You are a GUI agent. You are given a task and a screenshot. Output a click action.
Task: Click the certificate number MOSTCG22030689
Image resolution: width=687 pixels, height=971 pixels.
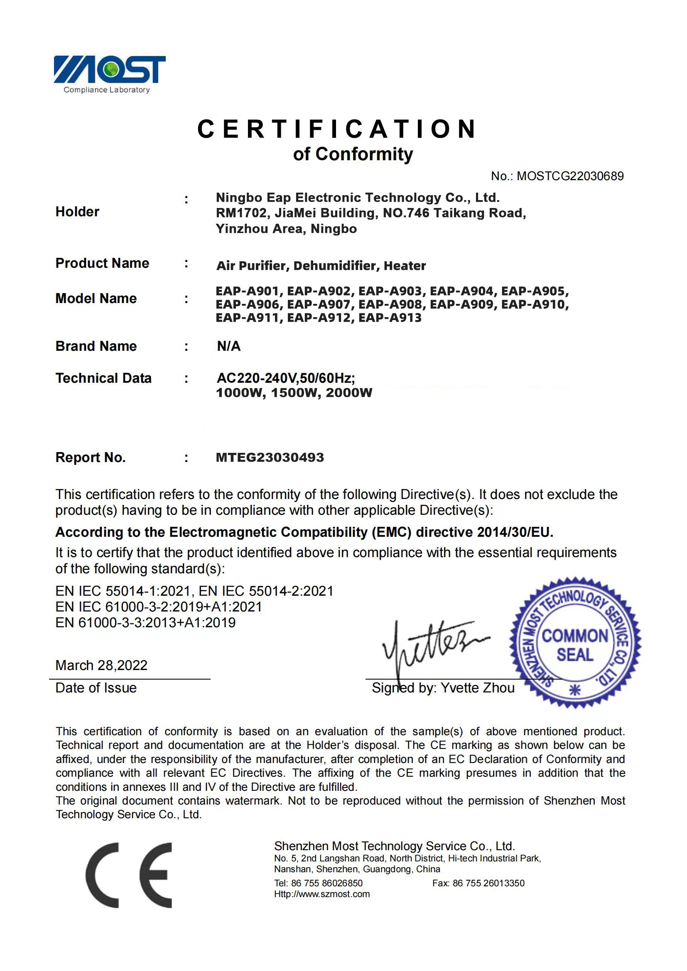[570, 176]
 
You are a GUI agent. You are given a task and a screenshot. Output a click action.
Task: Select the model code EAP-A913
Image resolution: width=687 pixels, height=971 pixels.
[390, 318]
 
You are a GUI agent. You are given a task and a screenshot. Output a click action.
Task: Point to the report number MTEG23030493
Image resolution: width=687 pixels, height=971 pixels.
[270, 457]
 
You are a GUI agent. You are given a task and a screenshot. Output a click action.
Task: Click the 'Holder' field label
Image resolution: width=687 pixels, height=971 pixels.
[77, 211]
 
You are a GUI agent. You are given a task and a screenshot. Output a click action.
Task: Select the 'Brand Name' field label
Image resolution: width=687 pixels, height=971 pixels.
[96, 346]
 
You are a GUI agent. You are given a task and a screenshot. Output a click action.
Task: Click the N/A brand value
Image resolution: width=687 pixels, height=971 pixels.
[228, 346]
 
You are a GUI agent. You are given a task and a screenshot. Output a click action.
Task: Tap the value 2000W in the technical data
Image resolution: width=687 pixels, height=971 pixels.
[348, 392]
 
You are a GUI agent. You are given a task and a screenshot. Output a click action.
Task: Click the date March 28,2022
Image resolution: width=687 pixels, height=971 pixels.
[101, 665]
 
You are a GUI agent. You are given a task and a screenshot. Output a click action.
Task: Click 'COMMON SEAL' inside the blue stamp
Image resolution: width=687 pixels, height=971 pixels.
[574, 646]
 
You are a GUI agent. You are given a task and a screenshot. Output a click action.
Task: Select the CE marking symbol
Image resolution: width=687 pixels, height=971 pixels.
[129, 875]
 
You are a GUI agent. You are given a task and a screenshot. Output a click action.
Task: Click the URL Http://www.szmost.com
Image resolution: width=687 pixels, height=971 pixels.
[321, 894]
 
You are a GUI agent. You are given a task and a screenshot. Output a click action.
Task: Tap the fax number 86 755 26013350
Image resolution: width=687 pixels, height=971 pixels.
[488, 883]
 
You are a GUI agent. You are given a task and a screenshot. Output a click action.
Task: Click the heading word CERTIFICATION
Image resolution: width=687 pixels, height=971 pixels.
[338, 129]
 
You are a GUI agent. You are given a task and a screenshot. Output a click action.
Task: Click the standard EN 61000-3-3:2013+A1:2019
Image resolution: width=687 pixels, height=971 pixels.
[145, 623]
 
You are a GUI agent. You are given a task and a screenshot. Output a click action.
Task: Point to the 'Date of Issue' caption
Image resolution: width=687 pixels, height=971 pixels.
[96, 687]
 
